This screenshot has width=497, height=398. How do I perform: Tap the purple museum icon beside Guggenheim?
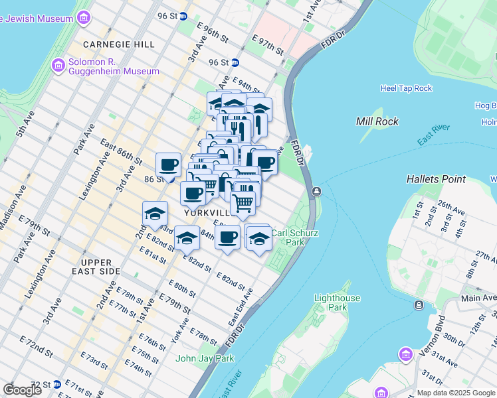(57, 66)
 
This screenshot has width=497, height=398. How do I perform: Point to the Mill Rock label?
(377, 121)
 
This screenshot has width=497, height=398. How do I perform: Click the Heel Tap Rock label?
(406, 88)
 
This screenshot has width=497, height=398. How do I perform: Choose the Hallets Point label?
(437, 179)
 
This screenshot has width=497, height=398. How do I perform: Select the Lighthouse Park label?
(338, 302)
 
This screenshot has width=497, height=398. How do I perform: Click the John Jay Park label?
(205, 359)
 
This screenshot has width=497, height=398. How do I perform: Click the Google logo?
(22, 389)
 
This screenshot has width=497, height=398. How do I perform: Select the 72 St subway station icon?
(57, 384)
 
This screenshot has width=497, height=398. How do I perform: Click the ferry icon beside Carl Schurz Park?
(317, 192)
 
